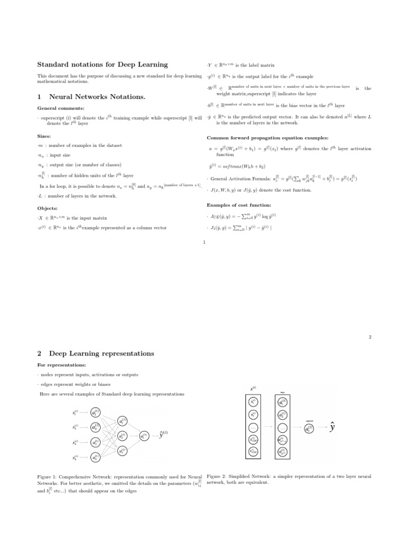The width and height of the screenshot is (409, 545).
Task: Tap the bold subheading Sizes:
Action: coord(44,136)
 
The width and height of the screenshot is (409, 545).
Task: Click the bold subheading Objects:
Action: coord(47,208)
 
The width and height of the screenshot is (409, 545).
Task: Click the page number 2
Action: coord(370,336)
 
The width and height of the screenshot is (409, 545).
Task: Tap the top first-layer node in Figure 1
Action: coord(95,412)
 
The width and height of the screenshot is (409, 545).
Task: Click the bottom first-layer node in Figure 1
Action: coord(95,457)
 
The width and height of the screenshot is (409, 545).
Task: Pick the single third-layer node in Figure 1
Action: coord(144,435)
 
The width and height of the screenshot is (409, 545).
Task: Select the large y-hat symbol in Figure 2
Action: coord(332,428)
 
